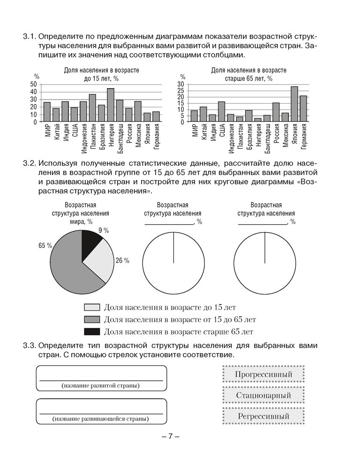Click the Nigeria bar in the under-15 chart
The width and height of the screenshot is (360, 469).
[111, 105]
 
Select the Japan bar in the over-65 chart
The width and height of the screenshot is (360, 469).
[294, 104]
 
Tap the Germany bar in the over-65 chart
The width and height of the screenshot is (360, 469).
[303, 109]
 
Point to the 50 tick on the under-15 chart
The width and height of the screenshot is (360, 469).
[33, 84]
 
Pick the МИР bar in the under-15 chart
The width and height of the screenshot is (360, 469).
[47, 112]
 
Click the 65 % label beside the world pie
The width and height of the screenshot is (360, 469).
[45, 245]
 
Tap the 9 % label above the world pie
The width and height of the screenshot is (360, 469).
[104, 230]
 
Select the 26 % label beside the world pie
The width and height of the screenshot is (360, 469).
[122, 261]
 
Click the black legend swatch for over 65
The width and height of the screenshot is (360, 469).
[92, 332]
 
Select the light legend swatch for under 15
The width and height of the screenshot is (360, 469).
[92, 308]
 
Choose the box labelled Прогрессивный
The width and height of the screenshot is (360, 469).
[263, 374]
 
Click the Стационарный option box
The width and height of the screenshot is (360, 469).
[263, 395]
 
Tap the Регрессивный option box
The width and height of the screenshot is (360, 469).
[263, 416]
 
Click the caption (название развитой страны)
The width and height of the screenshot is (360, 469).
[101, 386]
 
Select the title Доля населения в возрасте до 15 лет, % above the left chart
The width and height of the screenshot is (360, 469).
[102, 74]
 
